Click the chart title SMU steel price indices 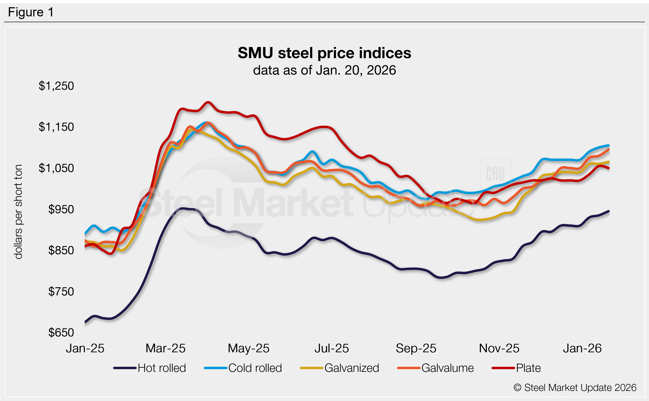click(324, 53)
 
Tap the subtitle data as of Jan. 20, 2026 click(324, 70)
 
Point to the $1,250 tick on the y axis click(56, 86)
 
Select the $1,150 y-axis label click(56, 127)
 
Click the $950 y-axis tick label click(61, 210)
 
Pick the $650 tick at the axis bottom click(61, 333)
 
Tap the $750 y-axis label click(61, 292)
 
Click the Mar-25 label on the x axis click(165, 348)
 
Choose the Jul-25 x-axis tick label click(332, 348)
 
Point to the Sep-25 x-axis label click(416, 348)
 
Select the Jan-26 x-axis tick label click(582, 348)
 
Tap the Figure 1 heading click(31, 12)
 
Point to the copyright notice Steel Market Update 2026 click(575, 387)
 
